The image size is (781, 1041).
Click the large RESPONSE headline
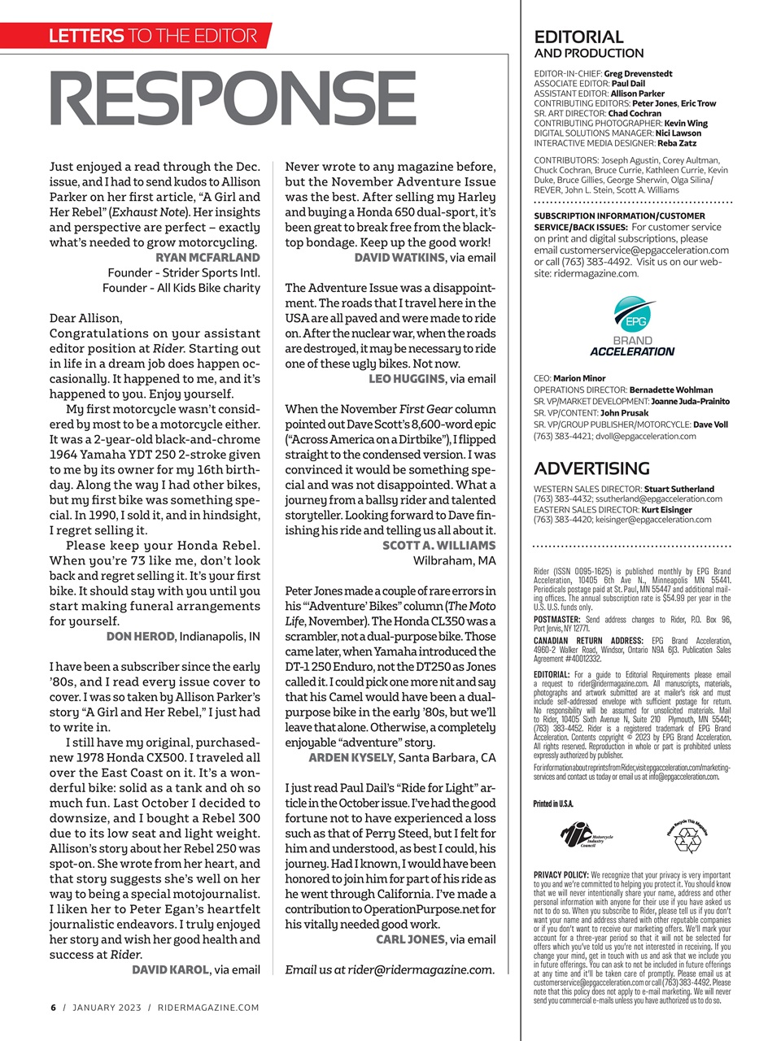pos(233,101)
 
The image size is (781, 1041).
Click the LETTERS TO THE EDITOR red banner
pos(151,36)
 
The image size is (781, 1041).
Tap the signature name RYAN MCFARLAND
pos(207,258)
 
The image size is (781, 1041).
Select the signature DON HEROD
pos(141,637)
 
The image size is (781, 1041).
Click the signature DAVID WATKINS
pos(399,258)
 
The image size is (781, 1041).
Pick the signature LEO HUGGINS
pos(407,379)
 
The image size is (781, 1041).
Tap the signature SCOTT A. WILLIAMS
pos(438,546)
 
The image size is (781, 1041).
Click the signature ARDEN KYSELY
pos(351,758)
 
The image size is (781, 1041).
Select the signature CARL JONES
pos(410,939)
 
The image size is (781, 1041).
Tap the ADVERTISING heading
pos(591,468)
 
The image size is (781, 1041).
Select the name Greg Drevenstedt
pos(638,73)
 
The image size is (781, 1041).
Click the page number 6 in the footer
pos(54,1008)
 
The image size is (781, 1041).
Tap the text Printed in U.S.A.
pos(553,804)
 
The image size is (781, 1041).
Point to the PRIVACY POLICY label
pos(561,875)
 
